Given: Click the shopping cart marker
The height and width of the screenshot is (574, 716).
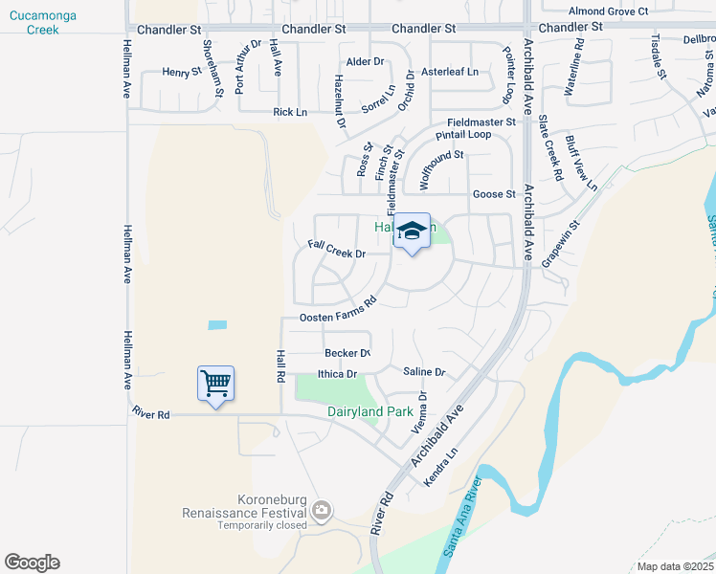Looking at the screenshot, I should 215,384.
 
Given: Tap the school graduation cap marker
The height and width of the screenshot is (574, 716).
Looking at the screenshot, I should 412,232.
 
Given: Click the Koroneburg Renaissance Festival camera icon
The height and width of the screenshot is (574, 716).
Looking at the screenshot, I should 323,511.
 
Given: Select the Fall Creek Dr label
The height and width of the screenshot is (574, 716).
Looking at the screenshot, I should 337,249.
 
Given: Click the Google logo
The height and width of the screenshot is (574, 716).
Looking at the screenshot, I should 32,563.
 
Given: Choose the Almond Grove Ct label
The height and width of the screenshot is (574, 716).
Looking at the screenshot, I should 608,11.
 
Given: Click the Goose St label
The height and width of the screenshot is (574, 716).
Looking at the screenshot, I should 494,194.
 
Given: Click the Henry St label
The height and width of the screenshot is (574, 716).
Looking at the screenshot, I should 182,72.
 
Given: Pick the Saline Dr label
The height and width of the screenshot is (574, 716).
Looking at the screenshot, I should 424,372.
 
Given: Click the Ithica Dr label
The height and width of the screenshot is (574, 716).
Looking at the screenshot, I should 337,374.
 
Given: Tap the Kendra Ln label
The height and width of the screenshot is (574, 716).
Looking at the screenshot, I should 439,466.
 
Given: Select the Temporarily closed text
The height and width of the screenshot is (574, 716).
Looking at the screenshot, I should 261,525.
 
